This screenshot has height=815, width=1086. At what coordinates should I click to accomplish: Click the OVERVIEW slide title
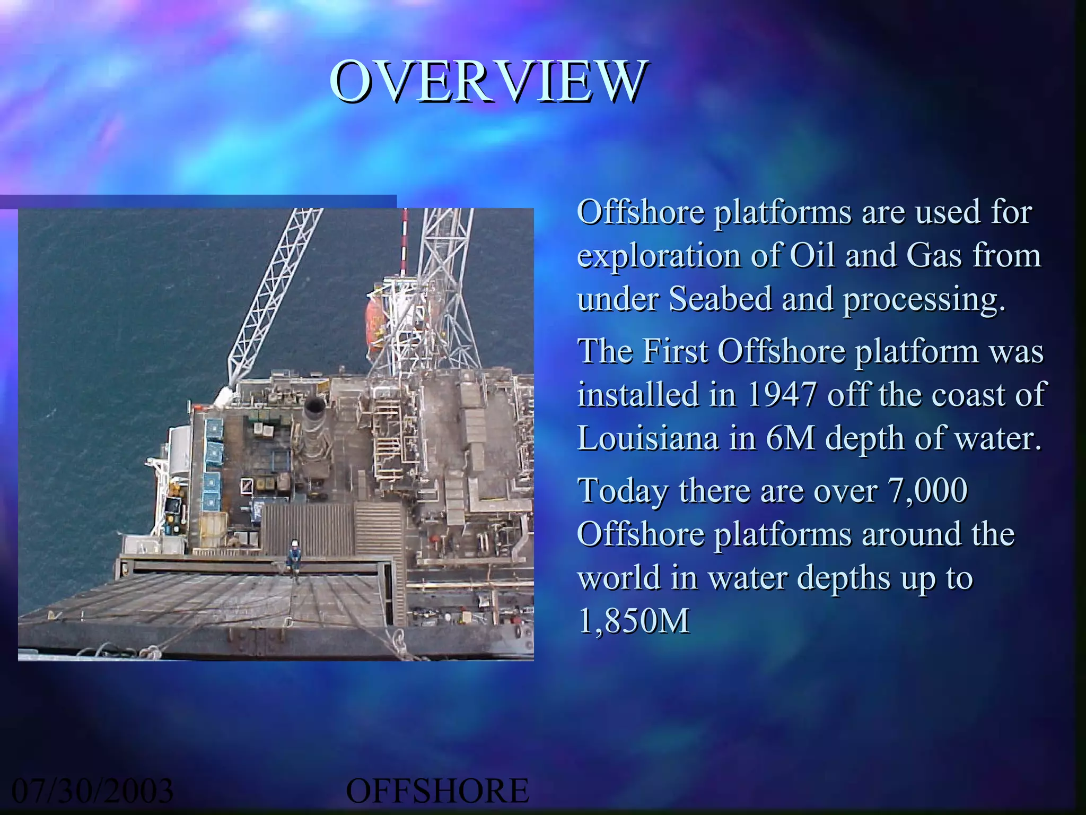pyautogui.click(x=488, y=82)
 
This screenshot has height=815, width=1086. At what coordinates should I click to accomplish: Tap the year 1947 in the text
pyautogui.click(x=783, y=395)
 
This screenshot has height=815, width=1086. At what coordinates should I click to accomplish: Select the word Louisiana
pyautogui.click(x=647, y=438)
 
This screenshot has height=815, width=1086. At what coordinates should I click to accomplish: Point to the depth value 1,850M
pyautogui.click(x=633, y=621)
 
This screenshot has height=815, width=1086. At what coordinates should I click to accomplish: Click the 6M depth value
pyautogui.click(x=790, y=438)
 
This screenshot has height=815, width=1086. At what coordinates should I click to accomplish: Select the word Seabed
pyautogui.click(x=720, y=299)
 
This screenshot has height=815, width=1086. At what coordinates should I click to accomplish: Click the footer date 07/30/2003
pyautogui.click(x=92, y=791)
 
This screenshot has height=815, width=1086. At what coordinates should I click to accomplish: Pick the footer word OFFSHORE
pyautogui.click(x=437, y=791)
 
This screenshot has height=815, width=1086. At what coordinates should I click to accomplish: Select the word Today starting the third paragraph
pyautogui.click(x=623, y=491)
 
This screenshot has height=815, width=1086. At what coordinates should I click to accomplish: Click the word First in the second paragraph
pyautogui.click(x=675, y=351)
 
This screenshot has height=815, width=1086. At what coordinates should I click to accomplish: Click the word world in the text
pyautogui.click(x=618, y=577)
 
